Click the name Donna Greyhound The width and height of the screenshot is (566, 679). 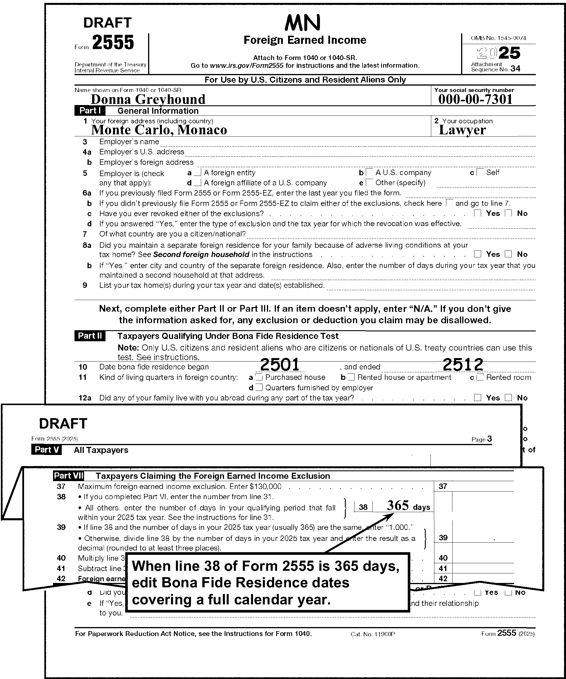pyautogui.click(x=148, y=99)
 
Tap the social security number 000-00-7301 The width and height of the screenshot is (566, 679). pyautogui.click(x=475, y=99)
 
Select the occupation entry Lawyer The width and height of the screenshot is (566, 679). pyautogui.click(x=462, y=130)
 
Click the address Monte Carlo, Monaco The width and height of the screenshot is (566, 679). pyautogui.click(x=159, y=130)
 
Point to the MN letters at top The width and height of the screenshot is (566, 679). pyautogui.click(x=303, y=23)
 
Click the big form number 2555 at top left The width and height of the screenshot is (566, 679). pyautogui.click(x=113, y=43)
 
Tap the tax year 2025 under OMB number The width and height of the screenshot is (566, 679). pyautogui.click(x=498, y=53)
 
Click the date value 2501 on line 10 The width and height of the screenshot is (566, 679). pyautogui.click(x=280, y=364)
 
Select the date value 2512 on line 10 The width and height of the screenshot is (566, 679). pyautogui.click(x=462, y=364)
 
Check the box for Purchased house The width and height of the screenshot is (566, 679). pyautogui.click(x=259, y=377)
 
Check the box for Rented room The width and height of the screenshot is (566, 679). pyautogui.click(x=480, y=377)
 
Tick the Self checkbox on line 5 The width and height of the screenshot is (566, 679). pyautogui.click(x=480, y=172)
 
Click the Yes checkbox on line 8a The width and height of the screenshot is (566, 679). pyautogui.click(x=478, y=254)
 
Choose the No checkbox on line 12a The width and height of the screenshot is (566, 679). pyautogui.click(x=508, y=398)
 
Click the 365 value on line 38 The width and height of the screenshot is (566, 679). pyautogui.click(x=398, y=505)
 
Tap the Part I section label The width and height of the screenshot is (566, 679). pyautogui.click(x=90, y=111)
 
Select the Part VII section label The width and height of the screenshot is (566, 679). pyautogui.click(x=68, y=476)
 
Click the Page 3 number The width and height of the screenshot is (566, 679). pyautogui.click(x=489, y=439)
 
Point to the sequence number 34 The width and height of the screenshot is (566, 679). pyautogui.click(x=515, y=68)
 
